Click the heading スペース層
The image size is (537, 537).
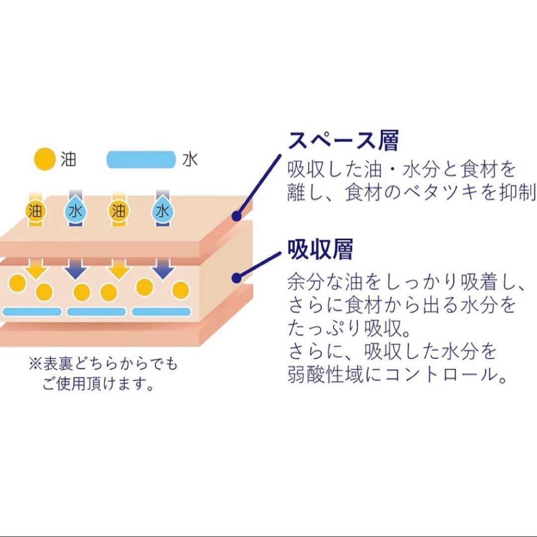tap(344, 140)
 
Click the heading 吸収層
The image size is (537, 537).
tap(320, 249)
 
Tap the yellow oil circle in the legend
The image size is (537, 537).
tap(45, 159)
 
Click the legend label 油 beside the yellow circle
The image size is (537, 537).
tap(69, 159)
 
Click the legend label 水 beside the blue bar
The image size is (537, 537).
tap(190, 160)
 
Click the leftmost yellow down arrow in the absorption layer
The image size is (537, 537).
tap(36, 268)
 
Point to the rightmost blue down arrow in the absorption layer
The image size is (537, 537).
tap(163, 268)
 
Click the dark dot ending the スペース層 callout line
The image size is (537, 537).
tap(237, 216)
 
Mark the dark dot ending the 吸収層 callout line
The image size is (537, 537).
tap(237, 278)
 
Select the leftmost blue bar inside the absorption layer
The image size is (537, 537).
tap(32, 312)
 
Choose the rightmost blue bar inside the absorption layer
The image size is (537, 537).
tap(161, 312)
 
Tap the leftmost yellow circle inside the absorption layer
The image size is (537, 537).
tap(17, 283)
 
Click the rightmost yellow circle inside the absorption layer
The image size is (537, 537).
tap(180, 290)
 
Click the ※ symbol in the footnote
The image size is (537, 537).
tap(35, 364)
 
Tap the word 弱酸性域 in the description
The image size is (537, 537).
tap(325, 374)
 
